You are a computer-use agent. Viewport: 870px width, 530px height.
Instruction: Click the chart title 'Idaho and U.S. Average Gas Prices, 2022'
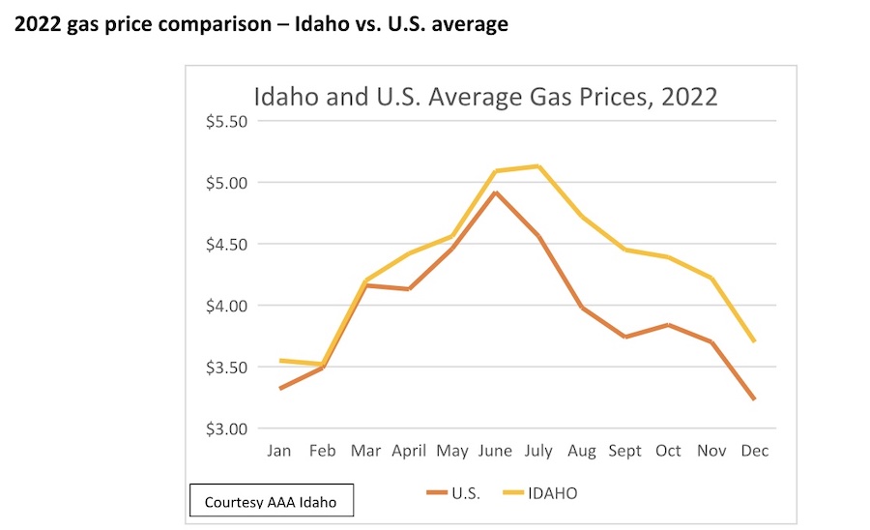coord(485,97)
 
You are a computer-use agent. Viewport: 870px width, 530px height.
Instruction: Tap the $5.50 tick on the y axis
coord(226,121)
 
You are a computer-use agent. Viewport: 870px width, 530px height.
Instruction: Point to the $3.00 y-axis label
coord(226,428)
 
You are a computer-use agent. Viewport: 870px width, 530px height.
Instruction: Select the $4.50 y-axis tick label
coord(226,244)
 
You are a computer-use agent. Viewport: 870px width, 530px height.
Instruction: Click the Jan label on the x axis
coord(279,451)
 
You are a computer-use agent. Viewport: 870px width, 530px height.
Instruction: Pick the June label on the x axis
coord(495,451)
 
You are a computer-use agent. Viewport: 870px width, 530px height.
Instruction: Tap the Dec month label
coord(754,451)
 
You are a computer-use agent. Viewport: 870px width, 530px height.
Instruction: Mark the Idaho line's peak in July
coord(538,166)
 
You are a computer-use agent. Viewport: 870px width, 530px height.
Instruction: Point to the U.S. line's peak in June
coord(495,192)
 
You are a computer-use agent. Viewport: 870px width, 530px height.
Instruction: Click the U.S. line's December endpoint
coord(754,398)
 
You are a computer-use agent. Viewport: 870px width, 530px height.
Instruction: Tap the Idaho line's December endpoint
coord(754,341)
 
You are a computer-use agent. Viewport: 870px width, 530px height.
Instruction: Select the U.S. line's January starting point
coord(279,389)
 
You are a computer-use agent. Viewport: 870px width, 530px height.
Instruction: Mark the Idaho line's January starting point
coord(279,361)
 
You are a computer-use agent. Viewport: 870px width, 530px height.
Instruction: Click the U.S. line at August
coord(581,308)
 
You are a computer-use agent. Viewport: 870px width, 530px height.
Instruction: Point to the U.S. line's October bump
coord(667,325)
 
